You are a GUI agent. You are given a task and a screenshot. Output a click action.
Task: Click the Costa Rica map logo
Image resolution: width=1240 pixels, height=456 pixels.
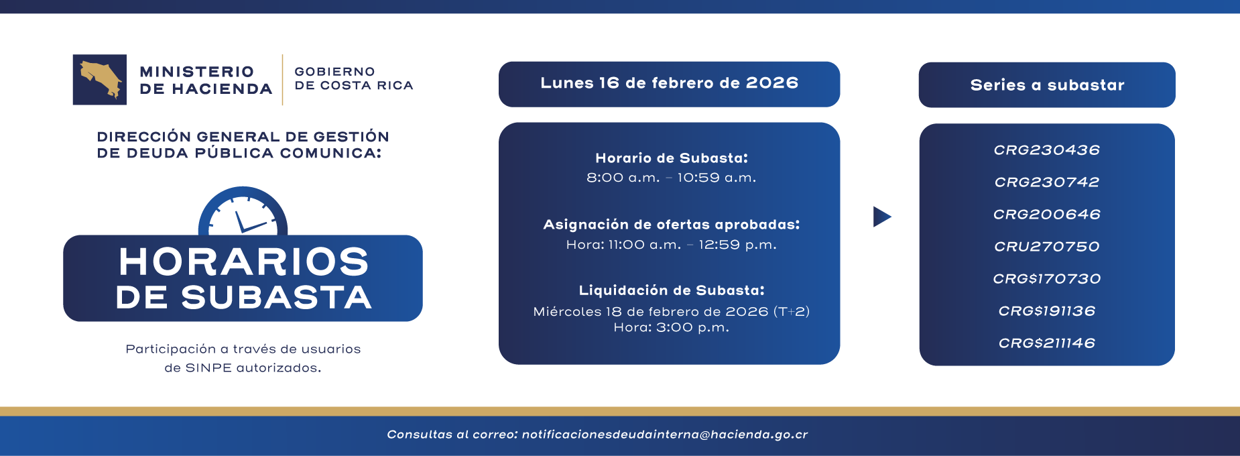[100, 80]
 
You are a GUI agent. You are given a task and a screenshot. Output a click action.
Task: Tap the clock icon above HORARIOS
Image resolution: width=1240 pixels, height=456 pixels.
[243, 213]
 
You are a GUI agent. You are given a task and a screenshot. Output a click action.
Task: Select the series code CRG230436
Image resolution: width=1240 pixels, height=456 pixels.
[1046, 150]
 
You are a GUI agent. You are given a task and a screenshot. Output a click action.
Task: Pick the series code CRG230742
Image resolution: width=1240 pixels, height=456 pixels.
[1046, 182]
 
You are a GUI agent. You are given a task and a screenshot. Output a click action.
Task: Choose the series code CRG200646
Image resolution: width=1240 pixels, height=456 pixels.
[1046, 215]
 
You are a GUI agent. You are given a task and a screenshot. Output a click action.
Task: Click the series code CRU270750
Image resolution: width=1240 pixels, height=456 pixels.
[1046, 247]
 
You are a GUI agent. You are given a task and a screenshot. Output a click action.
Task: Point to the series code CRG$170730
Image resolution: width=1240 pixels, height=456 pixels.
[1046, 279]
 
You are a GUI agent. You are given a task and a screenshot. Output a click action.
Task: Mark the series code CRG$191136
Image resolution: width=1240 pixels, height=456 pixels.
[1046, 311]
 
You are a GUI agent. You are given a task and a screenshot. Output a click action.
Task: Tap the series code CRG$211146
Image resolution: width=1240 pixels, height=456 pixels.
[1046, 343]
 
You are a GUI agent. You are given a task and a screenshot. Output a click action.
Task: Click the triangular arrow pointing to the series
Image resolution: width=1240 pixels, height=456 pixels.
[881, 217]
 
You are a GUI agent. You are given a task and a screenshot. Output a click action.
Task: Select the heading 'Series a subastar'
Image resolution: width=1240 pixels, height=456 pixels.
[1047, 85]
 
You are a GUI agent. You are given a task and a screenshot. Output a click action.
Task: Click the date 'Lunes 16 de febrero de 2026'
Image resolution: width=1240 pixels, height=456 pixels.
[669, 83]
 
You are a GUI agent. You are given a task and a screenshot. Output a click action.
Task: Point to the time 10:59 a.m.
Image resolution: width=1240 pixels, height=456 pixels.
[717, 178]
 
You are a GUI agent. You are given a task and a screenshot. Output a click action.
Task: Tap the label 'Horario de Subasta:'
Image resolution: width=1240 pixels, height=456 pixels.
[671, 158]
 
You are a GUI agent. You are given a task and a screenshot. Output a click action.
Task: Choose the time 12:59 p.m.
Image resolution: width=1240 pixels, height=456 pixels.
[737, 245]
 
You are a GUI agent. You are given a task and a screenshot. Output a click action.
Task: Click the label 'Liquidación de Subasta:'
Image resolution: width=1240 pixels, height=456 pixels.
[671, 290]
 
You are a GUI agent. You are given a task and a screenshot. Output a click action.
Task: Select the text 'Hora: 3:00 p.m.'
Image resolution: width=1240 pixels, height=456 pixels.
[671, 328]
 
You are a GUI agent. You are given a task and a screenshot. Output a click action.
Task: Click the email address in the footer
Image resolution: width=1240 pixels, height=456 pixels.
[665, 435]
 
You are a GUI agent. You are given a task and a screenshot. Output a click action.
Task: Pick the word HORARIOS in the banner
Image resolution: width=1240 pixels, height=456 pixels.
[243, 262]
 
